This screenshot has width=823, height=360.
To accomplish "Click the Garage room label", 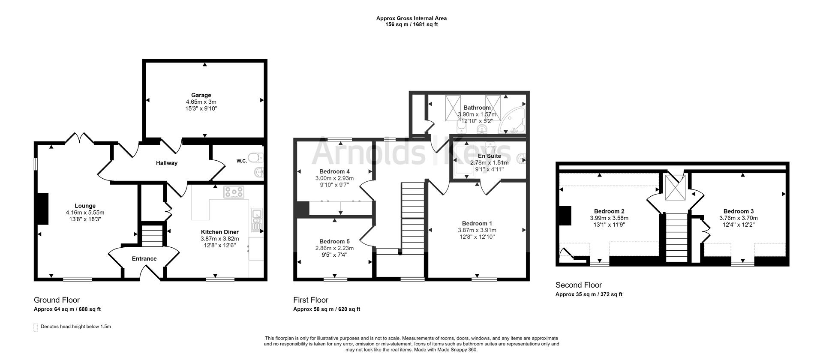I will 201,95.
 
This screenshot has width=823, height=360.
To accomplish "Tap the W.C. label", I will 241,161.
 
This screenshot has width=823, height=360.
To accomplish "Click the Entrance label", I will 144,258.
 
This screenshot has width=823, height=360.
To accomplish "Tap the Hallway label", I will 166,163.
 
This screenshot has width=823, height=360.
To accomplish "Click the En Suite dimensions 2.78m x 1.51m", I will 489,163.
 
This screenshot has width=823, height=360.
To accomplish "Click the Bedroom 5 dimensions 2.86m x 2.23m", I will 334,248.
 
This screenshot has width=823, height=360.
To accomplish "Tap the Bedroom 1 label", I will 477,223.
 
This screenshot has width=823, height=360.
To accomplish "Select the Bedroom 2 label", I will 609,211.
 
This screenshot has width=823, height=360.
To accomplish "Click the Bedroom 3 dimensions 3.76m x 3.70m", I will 738,218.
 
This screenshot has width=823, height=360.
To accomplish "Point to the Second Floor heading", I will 578,285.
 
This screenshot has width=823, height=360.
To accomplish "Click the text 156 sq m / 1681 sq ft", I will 411,24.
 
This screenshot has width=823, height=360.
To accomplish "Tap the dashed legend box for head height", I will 36,327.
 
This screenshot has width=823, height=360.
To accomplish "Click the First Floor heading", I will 310,300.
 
